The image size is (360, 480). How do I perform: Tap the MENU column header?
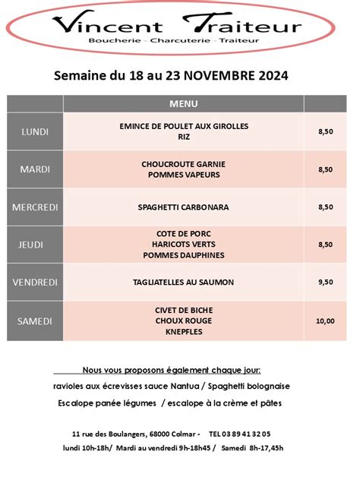[x=184, y=103]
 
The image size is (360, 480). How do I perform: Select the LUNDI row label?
[x=35, y=131]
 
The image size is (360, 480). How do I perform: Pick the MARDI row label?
[x=35, y=169]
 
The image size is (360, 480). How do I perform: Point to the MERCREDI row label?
[x=35, y=207]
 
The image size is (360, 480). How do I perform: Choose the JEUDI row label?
[x=35, y=245]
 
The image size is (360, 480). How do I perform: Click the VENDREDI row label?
[x=35, y=282]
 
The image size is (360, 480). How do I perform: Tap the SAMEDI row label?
[x=35, y=321]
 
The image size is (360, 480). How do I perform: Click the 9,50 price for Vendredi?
[x=325, y=282]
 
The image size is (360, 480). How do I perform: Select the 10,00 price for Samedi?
[x=325, y=321]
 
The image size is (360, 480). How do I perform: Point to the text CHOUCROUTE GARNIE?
[x=183, y=164]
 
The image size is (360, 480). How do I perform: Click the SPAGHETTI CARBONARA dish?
[x=183, y=207]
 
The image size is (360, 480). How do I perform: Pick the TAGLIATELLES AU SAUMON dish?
[x=183, y=282]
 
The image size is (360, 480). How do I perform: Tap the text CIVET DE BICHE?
[x=183, y=309]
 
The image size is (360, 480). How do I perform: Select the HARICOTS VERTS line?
[x=183, y=245]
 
